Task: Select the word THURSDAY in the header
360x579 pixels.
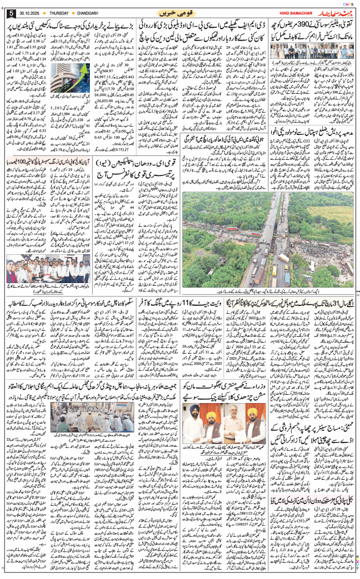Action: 67,13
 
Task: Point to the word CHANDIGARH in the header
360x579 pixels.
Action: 99,13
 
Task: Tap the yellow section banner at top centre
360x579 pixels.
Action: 180,12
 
